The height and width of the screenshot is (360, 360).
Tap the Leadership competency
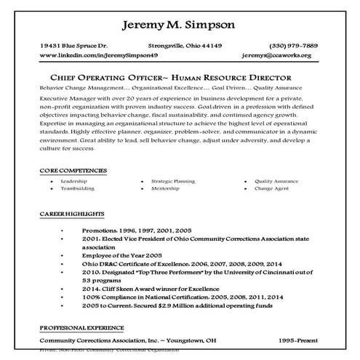coord(74,180)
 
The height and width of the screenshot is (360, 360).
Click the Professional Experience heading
coord(81,328)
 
